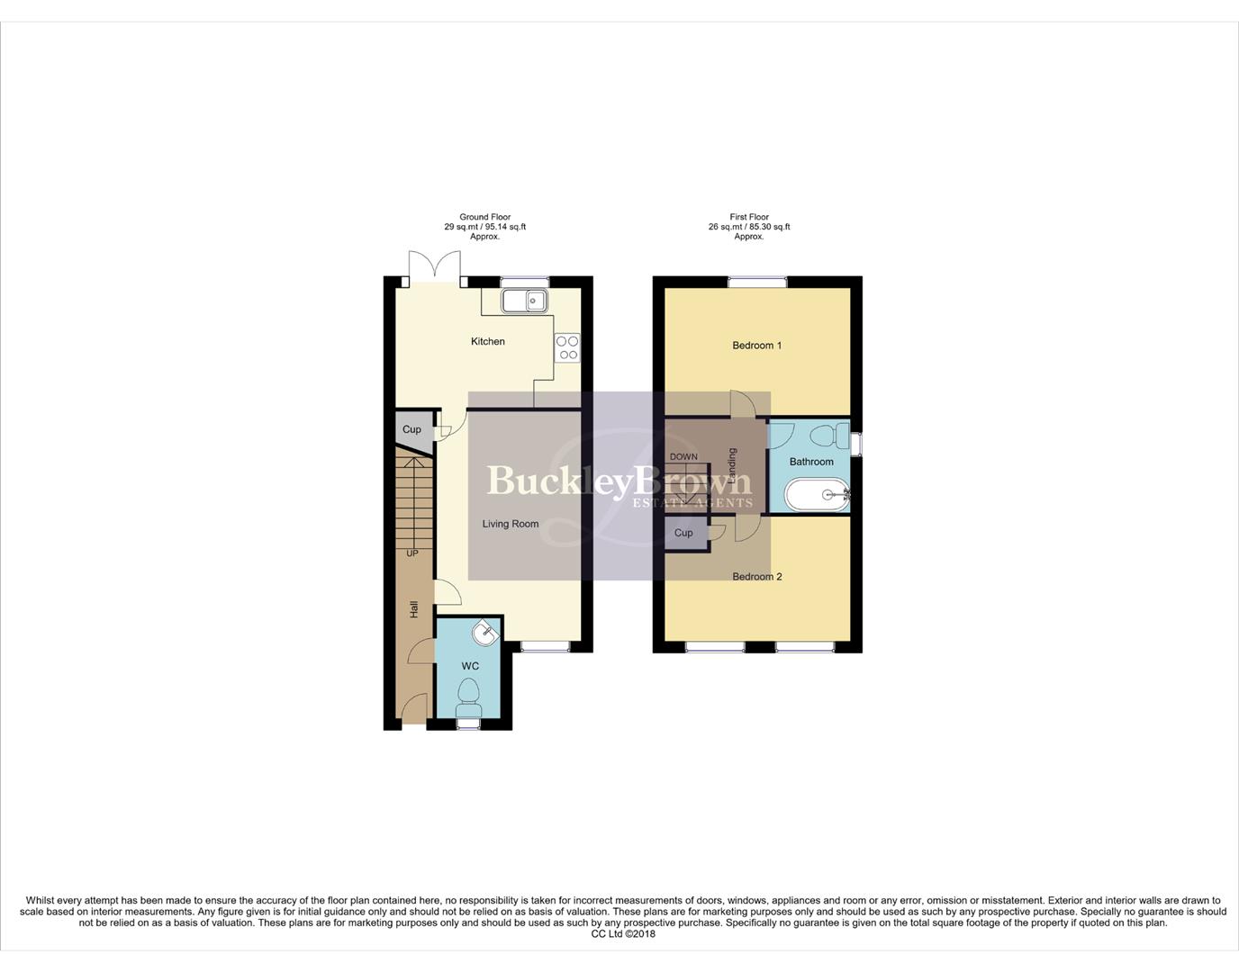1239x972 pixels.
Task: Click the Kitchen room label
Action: (x=488, y=342)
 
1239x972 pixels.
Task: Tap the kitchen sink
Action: (x=524, y=301)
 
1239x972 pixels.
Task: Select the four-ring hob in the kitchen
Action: (x=567, y=347)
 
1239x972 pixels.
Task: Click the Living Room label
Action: (x=510, y=524)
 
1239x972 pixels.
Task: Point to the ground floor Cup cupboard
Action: (x=411, y=429)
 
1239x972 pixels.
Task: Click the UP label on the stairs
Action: (x=412, y=553)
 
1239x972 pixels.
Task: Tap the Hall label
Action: (x=414, y=609)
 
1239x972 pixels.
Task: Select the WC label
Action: (x=470, y=666)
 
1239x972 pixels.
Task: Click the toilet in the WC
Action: (x=468, y=695)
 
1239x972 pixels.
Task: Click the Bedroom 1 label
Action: (x=756, y=346)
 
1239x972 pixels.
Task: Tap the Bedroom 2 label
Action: (x=756, y=577)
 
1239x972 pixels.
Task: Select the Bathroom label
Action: (x=811, y=462)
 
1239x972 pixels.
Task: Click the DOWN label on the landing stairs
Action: (x=683, y=457)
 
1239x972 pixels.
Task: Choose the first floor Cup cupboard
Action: (x=683, y=533)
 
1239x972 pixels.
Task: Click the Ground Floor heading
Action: (x=484, y=217)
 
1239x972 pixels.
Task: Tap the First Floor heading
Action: (x=749, y=217)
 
